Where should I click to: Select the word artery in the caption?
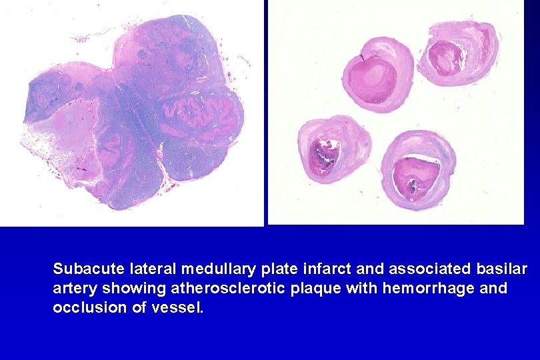[72, 289]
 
